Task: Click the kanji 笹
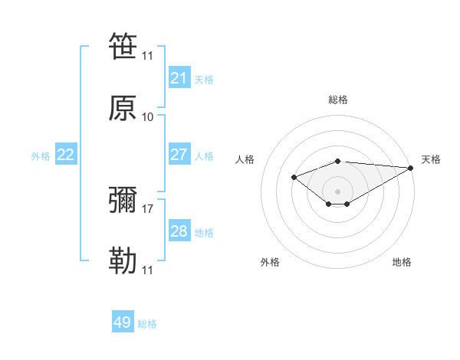(x=123, y=45)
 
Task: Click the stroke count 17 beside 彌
(x=148, y=208)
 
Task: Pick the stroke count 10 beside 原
(x=148, y=116)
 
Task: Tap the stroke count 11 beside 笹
(x=148, y=55)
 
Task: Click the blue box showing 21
(x=179, y=78)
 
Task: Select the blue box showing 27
(x=179, y=155)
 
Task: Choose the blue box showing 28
(x=179, y=231)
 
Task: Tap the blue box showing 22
(x=65, y=155)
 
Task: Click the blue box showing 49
(x=123, y=322)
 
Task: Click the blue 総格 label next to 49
(x=148, y=324)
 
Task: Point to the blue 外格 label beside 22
(x=41, y=156)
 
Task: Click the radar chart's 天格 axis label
(x=431, y=159)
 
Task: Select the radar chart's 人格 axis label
(x=245, y=159)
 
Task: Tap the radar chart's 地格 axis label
(x=402, y=262)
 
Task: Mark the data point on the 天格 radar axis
(x=412, y=168)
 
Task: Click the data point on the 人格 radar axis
(x=294, y=178)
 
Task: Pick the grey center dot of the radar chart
(x=337, y=191)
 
